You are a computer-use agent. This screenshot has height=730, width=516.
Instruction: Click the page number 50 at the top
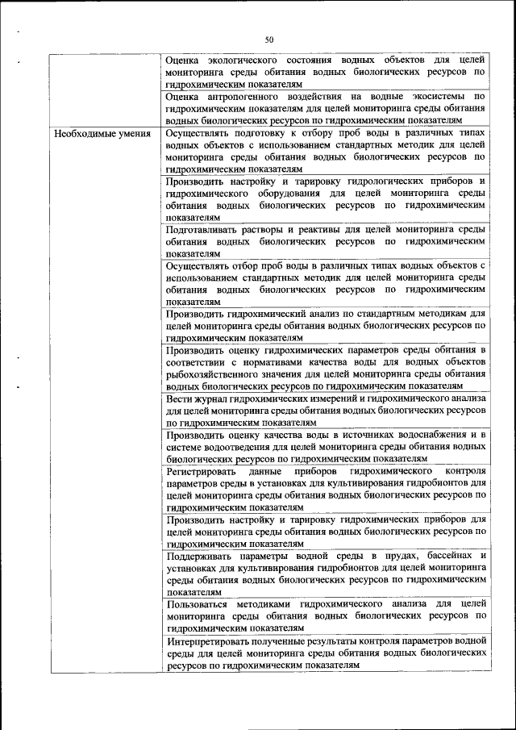click(x=269, y=40)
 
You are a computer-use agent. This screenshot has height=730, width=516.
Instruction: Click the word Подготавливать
click(x=205, y=230)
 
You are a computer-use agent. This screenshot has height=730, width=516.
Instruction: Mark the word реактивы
click(x=312, y=230)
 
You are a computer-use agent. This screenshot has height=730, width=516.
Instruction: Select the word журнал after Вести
click(x=211, y=398)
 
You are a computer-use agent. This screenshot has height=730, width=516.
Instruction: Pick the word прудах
click(x=408, y=556)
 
